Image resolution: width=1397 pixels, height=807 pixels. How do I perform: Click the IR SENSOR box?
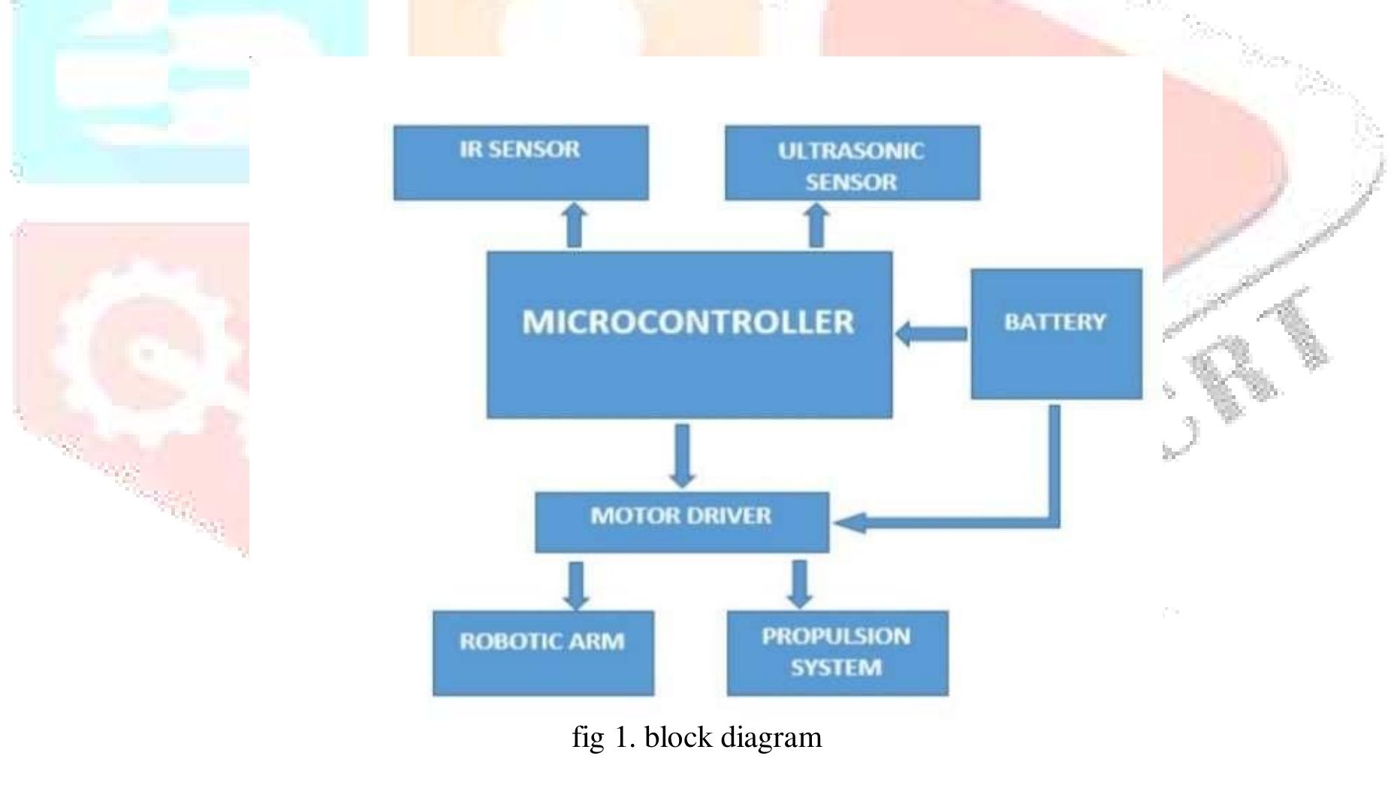click(520, 163)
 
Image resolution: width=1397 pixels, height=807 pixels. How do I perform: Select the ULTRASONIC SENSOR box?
click(852, 163)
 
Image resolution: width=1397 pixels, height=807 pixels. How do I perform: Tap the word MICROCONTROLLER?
click(688, 322)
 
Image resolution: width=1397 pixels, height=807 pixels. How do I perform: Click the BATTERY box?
click(1056, 334)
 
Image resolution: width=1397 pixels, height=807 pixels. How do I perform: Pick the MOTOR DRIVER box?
click(681, 522)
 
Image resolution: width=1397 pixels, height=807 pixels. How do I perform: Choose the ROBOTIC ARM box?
click(543, 652)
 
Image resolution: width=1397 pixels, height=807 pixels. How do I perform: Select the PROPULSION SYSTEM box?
click(837, 652)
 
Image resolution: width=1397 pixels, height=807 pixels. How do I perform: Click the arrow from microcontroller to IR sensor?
click(574, 225)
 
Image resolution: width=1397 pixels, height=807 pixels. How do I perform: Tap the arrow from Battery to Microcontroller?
click(931, 333)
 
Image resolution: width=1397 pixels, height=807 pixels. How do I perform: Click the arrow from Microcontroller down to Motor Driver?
click(682, 455)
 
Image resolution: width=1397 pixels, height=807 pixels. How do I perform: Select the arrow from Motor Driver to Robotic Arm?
click(576, 585)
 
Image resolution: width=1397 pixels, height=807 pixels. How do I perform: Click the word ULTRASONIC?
click(850, 151)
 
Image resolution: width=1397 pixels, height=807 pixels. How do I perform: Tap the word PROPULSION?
click(836, 636)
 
